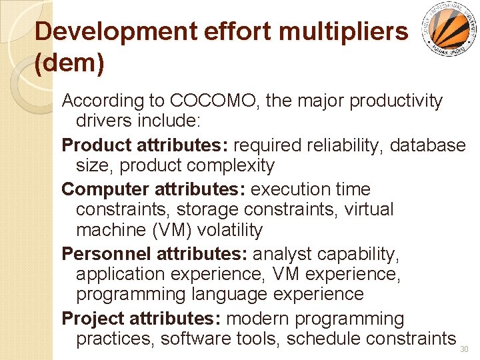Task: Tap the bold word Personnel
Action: [x=106, y=253]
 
